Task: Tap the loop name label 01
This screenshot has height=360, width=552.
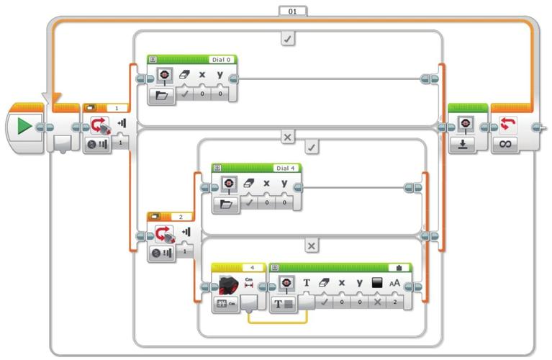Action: tap(292, 11)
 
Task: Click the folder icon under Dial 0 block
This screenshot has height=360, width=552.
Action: tap(161, 95)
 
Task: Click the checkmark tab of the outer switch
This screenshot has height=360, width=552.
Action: tap(288, 40)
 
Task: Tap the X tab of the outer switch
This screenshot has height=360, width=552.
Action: tap(288, 136)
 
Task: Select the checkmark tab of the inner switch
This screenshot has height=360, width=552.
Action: tap(312, 148)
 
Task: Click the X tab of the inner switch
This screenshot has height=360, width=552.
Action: tap(312, 246)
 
